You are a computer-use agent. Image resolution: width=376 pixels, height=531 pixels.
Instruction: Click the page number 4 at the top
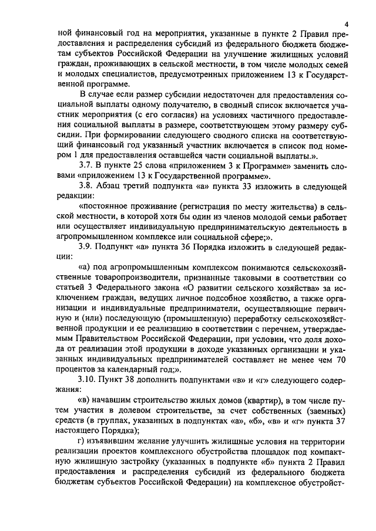(x=347, y=24)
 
